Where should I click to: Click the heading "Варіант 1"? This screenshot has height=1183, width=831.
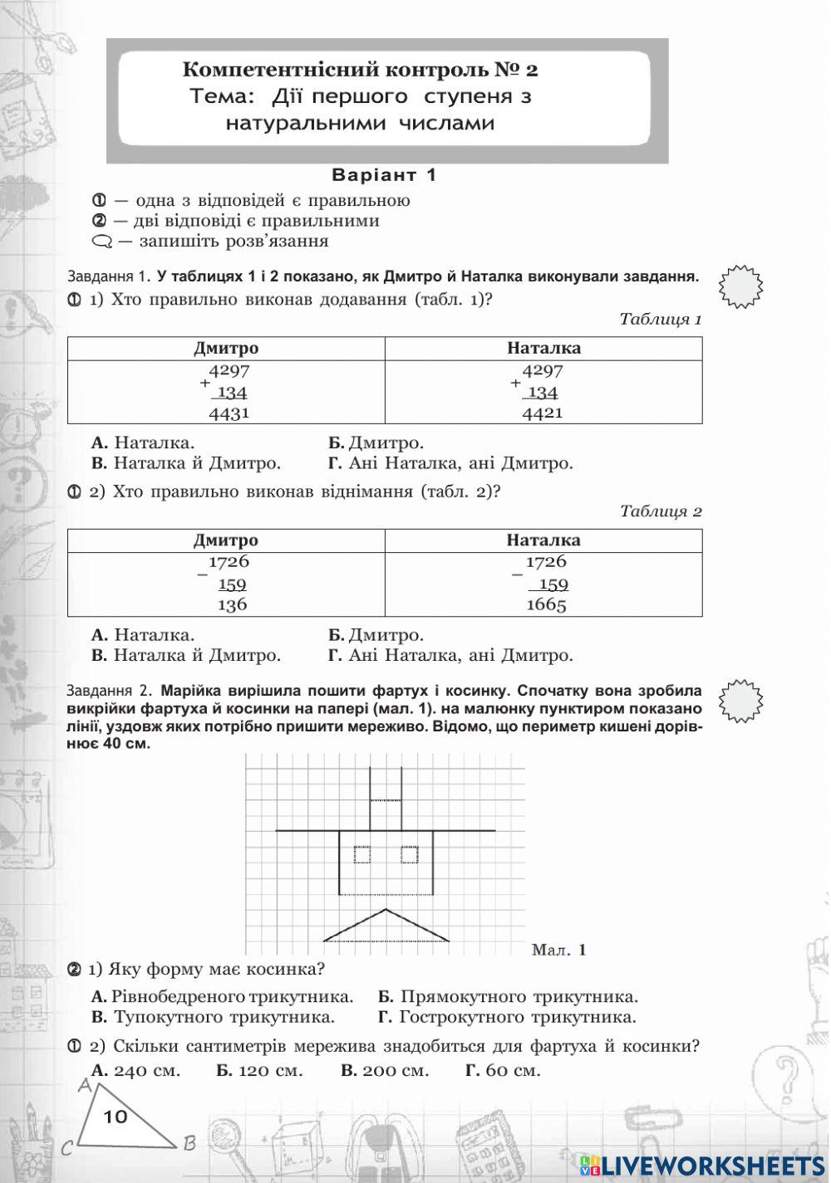click(383, 175)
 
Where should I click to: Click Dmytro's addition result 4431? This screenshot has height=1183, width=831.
click(229, 413)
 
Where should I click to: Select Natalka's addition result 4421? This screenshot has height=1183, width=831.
click(542, 413)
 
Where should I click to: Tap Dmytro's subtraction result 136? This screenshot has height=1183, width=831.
click(232, 604)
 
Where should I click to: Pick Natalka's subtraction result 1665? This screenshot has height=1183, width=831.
click(546, 604)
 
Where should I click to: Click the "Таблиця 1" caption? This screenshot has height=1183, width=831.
click(660, 320)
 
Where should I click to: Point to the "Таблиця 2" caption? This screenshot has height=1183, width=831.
click(660, 511)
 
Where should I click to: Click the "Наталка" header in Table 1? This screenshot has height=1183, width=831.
click(543, 349)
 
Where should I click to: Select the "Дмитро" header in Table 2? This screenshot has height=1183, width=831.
click(226, 540)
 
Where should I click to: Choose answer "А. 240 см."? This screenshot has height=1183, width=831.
click(135, 1070)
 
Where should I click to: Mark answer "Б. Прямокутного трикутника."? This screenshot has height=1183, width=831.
click(508, 996)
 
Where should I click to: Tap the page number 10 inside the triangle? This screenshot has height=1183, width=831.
click(116, 1117)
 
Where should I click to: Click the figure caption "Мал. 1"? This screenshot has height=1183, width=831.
click(558, 950)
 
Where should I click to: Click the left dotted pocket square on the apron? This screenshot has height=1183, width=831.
click(361, 854)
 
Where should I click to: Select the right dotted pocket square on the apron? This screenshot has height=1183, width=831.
click(409, 854)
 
